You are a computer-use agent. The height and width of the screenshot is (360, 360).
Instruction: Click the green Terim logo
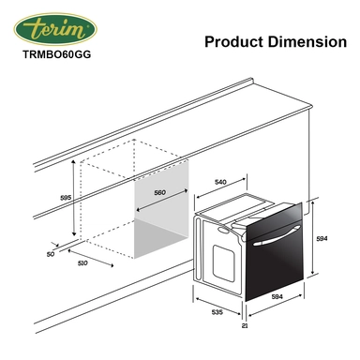[55, 29]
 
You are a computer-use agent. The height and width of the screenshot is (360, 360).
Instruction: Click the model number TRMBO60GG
[56, 54]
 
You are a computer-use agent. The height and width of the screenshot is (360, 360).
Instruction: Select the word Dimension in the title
[307, 42]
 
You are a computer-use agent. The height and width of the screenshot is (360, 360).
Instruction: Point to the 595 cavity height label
[66, 198]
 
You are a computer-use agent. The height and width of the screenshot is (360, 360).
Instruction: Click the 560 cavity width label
[159, 193]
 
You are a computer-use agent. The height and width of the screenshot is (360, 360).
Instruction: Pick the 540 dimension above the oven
[220, 182]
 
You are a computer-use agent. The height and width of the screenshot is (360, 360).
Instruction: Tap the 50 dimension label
[51, 254]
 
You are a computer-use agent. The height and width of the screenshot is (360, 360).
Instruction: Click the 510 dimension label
[82, 263]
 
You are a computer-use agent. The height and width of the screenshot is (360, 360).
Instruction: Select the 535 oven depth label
[217, 312]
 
